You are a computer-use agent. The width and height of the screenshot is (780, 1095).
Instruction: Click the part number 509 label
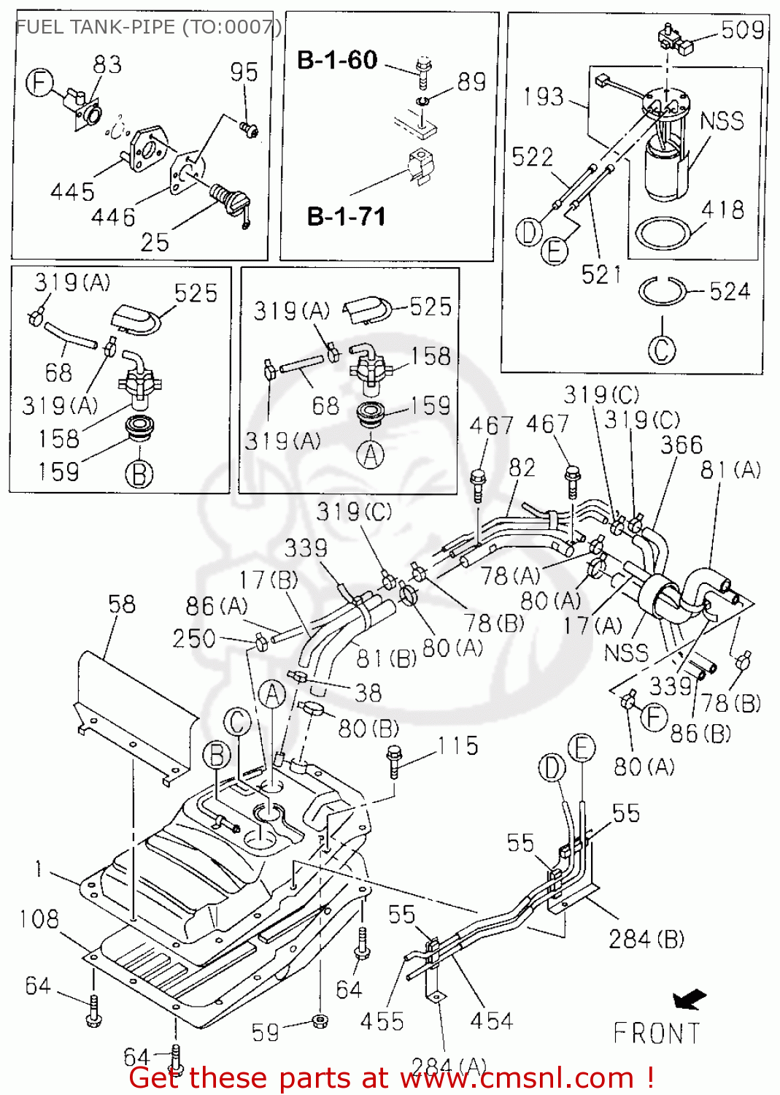tap(742, 30)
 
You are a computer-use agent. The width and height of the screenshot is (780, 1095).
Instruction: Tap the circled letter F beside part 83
tap(40, 82)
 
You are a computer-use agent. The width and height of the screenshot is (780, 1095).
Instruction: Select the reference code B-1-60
tap(337, 60)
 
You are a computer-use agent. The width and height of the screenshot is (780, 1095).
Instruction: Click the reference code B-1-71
tap(346, 217)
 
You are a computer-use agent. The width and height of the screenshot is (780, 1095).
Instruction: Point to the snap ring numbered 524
tap(662, 291)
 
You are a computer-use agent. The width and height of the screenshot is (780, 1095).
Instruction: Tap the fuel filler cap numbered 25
tap(232, 201)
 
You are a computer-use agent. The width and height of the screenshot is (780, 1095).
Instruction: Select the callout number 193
tap(544, 96)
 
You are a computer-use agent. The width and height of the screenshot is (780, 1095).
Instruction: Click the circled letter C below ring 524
tap(662, 349)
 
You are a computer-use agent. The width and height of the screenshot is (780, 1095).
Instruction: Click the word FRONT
tap(656, 1034)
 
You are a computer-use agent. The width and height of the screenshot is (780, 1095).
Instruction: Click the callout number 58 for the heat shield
tap(122, 604)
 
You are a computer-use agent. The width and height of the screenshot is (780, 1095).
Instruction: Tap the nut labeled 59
tap(319, 1020)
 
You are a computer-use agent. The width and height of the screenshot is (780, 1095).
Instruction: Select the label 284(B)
tap(646, 939)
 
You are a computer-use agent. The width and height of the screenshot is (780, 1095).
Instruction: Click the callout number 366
tap(681, 445)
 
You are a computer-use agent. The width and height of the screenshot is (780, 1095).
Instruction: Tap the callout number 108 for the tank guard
tap(39, 918)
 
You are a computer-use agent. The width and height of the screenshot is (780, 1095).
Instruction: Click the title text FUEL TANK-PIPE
tap(95, 27)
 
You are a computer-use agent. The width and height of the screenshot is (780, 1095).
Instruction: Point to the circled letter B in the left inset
tap(139, 474)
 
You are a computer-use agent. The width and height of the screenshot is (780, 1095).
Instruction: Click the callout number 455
tap(382, 1021)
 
